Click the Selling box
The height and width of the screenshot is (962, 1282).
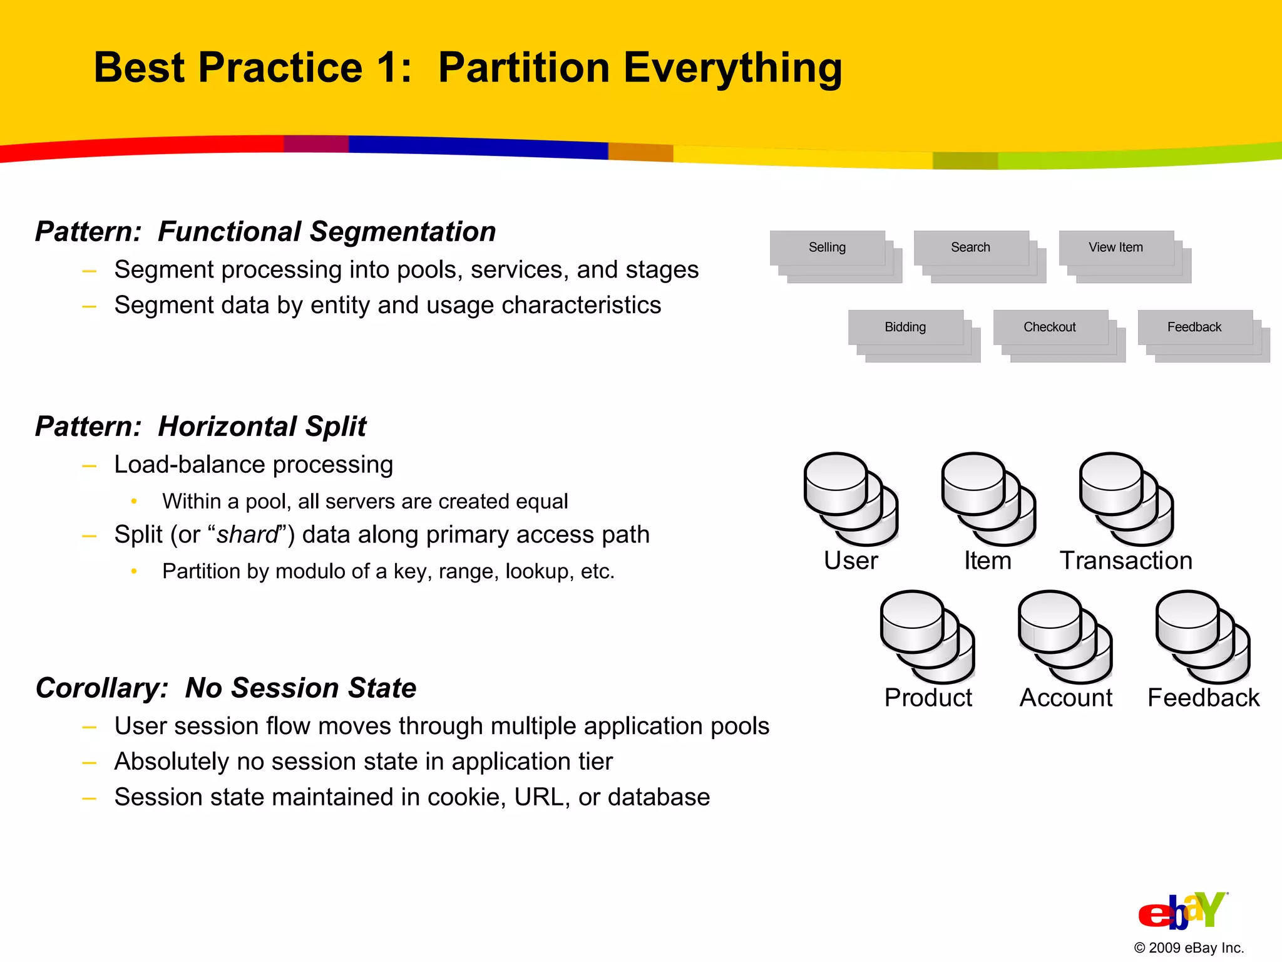point(827,247)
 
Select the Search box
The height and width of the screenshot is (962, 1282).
point(970,247)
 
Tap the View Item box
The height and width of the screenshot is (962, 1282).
point(1115,247)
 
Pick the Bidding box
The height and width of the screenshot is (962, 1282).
point(905,327)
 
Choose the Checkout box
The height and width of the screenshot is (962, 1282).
point(1050,327)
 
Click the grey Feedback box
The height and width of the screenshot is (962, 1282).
point(1194,327)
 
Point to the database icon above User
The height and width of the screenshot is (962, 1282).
point(851,499)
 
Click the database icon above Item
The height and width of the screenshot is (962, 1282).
point(988,499)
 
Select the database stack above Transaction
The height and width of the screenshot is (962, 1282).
point(1126,499)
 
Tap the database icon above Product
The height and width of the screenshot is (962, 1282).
point(927,637)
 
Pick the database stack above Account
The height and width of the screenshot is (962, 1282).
point(1065,637)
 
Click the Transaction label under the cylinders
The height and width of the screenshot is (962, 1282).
point(1126,561)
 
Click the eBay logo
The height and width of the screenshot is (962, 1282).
point(1182,911)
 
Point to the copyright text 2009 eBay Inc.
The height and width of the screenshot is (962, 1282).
point(1189,948)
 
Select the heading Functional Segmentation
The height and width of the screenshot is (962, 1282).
point(327,232)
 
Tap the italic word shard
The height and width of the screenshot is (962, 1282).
point(247,535)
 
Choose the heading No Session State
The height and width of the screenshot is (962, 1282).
point(300,688)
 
